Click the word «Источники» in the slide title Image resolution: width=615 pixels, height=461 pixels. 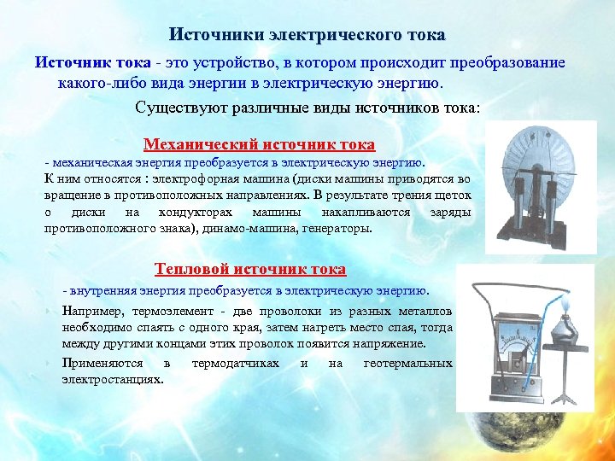216,35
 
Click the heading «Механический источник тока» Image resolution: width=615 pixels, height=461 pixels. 259,144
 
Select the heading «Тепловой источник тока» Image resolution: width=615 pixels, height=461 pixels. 250,269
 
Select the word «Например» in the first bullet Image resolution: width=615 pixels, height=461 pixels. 93,312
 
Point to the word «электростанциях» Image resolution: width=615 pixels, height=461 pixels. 112,378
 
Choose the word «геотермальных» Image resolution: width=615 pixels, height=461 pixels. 407,364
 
